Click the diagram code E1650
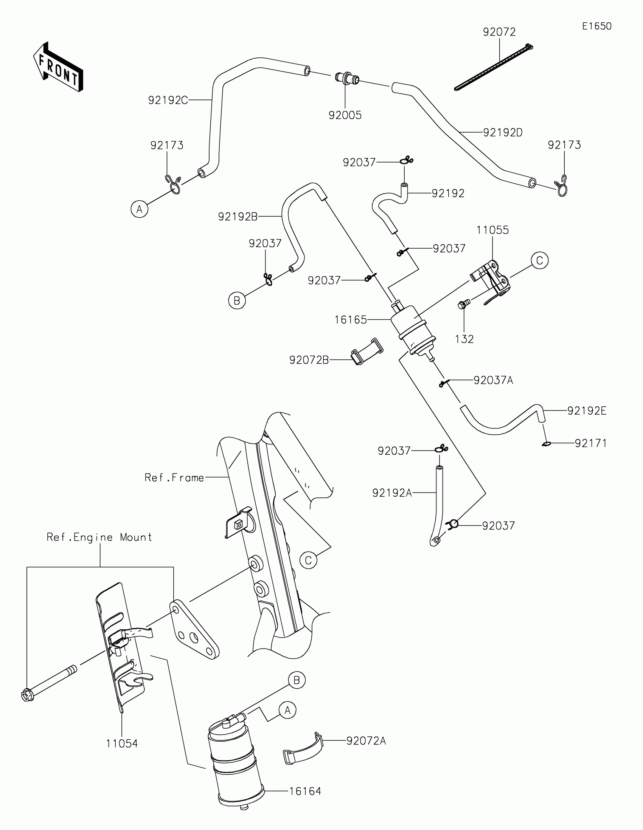tap(596, 26)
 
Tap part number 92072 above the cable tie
tap(499, 32)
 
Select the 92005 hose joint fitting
tap(347, 79)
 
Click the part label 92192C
tap(168, 100)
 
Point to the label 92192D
tap(503, 133)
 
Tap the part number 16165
tap(350, 320)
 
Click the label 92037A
tap(493, 380)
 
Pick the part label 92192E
tap(587, 411)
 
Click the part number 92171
tap(590, 443)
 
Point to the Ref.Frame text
tap(174, 478)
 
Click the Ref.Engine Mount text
tap(99, 537)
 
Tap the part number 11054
tap(122, 744)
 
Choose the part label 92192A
tap(391, 493)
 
